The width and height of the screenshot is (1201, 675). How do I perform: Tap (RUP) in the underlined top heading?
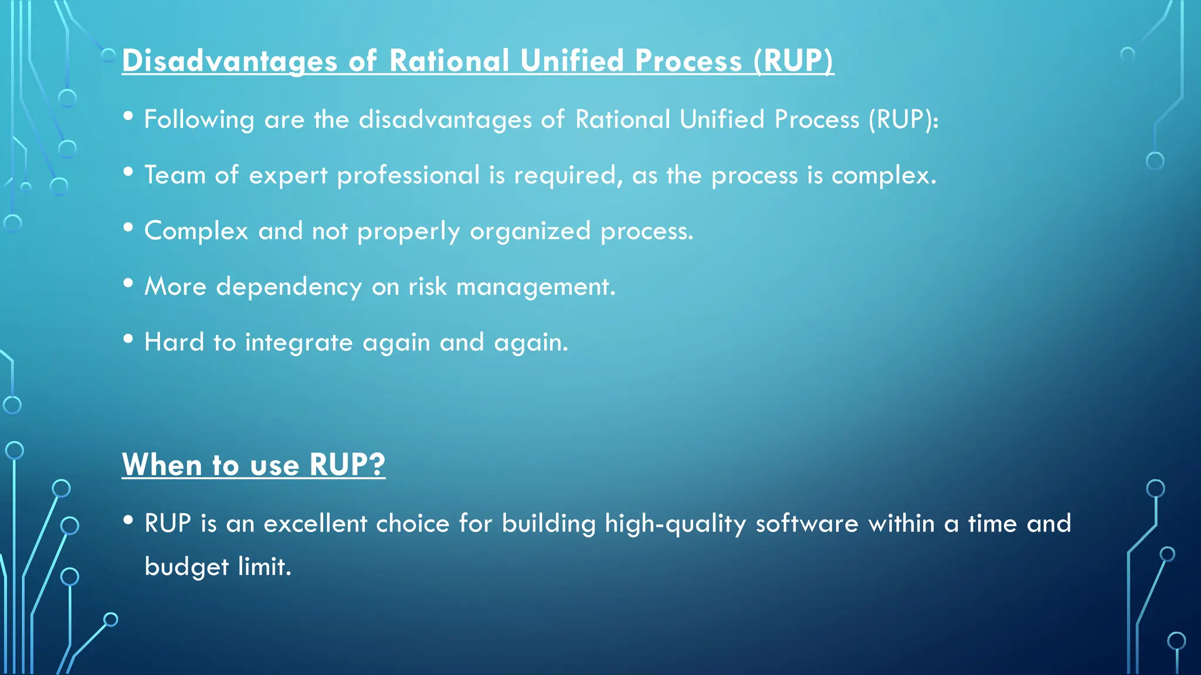click(793, 61)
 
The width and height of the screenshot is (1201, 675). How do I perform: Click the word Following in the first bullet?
click(199, 120)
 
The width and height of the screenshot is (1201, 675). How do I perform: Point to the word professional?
click(408, 175)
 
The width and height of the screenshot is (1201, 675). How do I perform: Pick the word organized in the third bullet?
click(530, 231)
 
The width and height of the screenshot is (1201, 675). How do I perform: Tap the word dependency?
click(289, 287)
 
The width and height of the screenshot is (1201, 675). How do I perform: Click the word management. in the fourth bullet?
click(535, 287)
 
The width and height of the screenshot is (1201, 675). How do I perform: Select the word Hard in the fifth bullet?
click(174, 342)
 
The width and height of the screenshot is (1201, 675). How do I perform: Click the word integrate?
click(298, 342)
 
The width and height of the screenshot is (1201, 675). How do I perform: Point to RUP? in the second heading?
click(347, 465)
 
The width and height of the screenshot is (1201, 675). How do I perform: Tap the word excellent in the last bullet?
click(315, 523)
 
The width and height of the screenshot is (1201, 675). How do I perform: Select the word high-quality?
click(675, 523)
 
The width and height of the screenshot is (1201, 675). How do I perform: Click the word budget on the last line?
click(186, 567)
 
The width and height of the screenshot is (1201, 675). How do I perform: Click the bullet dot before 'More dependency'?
click(128, 284)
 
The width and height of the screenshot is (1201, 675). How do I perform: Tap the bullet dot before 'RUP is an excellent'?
click(128, 520)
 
